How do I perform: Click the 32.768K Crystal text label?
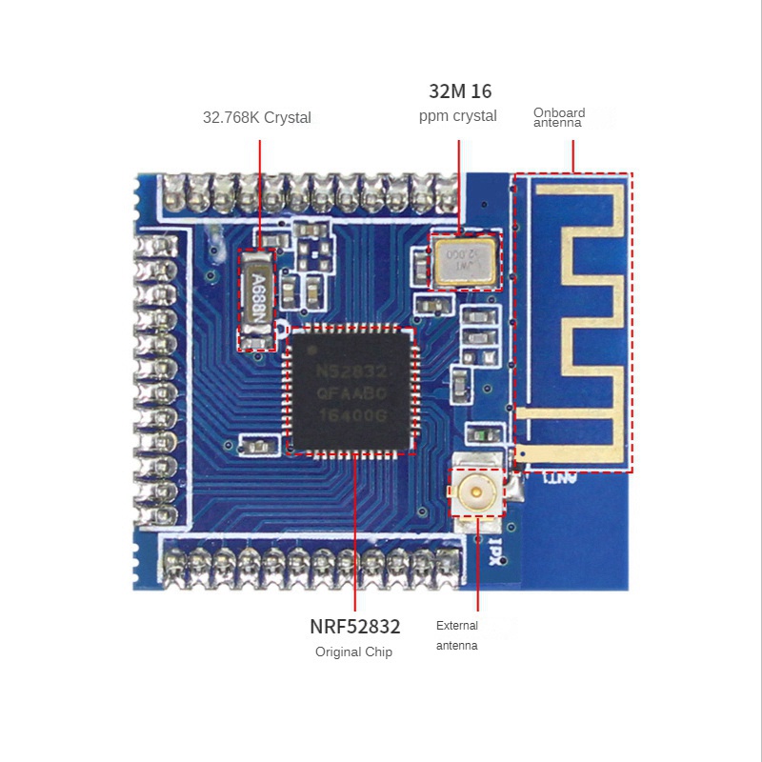(x=256, y=118)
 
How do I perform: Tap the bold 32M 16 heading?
(x=460, y=91)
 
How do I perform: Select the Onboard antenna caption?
(x=559, y=117)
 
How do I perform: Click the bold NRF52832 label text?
(x=354, y=627)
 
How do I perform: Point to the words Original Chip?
(x=353, y=652)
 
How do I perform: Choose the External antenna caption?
(x=457, y=635)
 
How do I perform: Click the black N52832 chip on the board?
(x=351, y=391)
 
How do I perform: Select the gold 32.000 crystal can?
(x=465, y=262)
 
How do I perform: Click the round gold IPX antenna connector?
(x=475, y=492)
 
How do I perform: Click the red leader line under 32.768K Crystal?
(x=260, y=190)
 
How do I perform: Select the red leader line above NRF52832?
(x=354, y=533)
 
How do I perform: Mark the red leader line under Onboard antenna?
(x=572, y=156)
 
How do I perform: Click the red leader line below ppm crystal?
(x=458, y=186)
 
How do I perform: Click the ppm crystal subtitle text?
(x=457, y=116)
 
